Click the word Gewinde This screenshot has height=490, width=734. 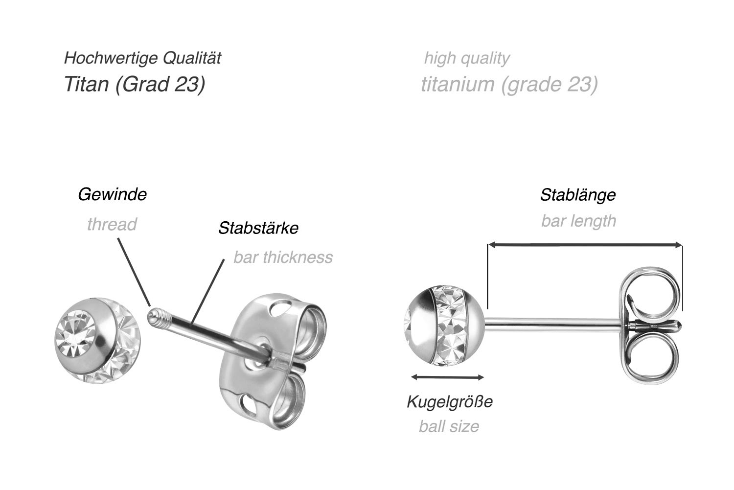coord(113,195)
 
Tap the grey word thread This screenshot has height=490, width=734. coord(112,225)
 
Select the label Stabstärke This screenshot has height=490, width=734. coord(258,228)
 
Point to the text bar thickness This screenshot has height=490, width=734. coord(283,257)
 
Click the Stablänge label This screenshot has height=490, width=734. coord(578,195)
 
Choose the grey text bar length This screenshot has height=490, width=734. coord(579,221)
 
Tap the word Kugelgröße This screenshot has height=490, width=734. coord(450,402)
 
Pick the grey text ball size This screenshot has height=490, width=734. coord(449,427)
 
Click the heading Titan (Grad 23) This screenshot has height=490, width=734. coord(135,84)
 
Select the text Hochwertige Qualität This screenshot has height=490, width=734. coord(142,58)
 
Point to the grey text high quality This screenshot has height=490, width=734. coord(467,58)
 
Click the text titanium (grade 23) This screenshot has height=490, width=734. coord(509,84)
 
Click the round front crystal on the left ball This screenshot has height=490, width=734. coord(76,334)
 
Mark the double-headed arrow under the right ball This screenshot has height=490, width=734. coord(447,377)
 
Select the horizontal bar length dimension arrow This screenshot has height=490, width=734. coord(585,244)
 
